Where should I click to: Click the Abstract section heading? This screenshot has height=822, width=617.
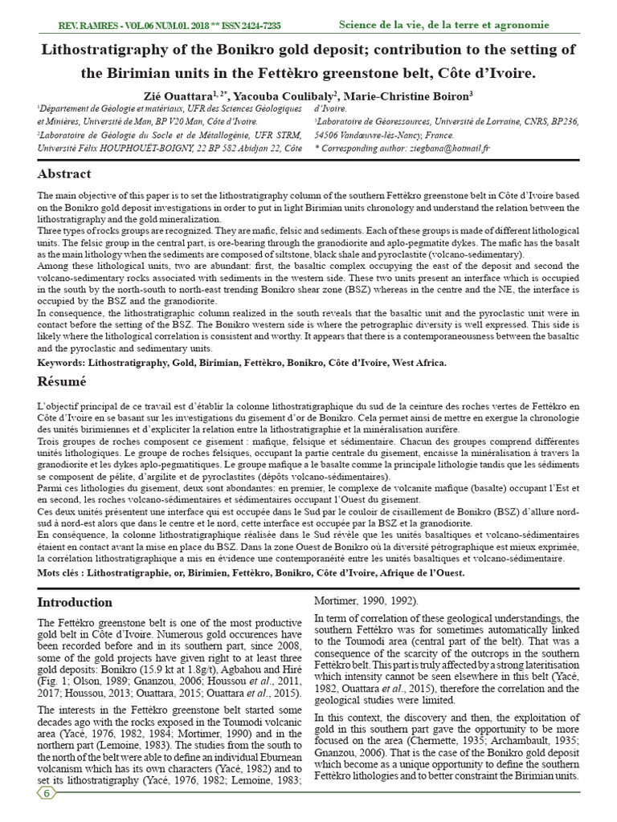64,174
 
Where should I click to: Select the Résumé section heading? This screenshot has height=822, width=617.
62,381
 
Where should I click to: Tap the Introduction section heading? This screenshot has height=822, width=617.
76,602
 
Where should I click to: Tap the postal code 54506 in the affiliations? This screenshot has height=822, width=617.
330,135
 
